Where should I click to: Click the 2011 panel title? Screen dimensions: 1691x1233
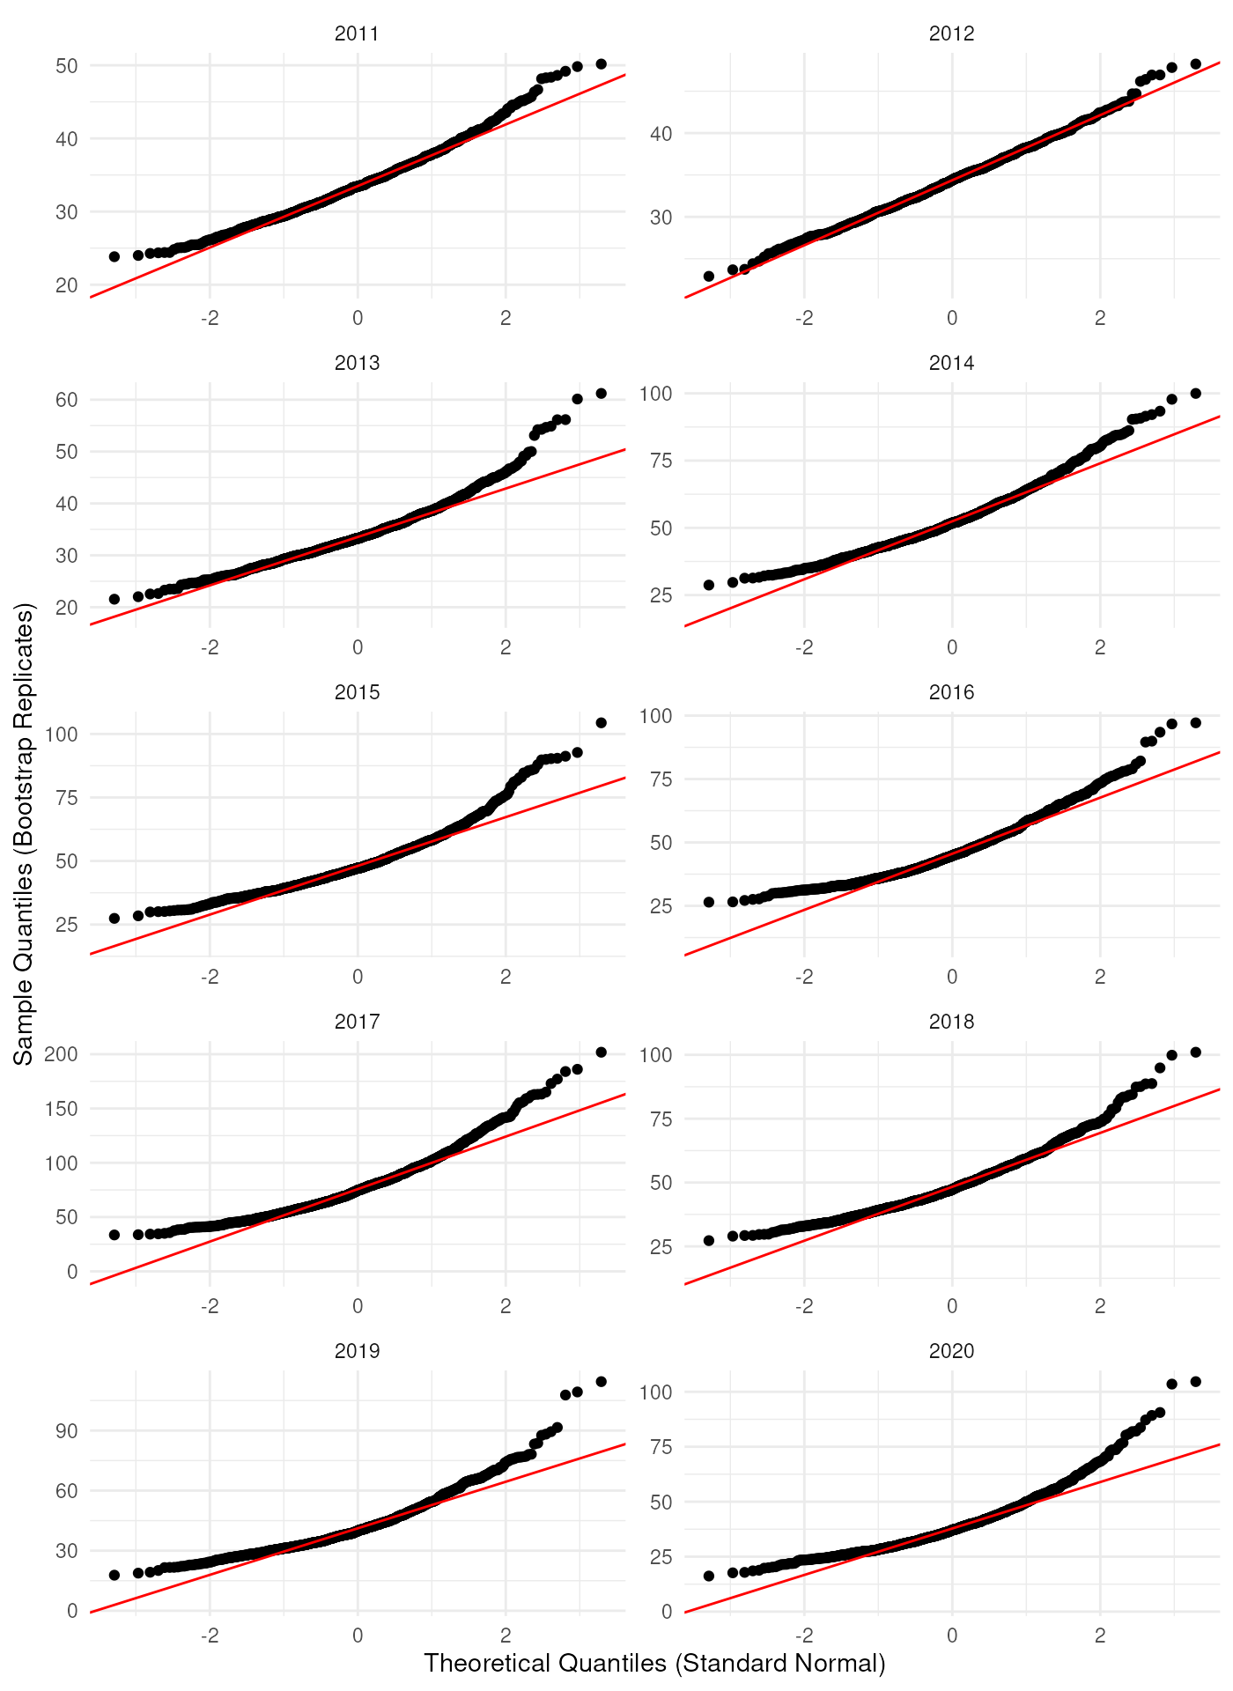tap(357, 33)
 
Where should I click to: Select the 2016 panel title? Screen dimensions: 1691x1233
tap(951, 692)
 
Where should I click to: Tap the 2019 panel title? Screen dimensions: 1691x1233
tap(357, 1351)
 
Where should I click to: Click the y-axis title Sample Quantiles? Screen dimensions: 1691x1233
tap(24, 833)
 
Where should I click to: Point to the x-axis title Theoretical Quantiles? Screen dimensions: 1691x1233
tap(654, 1663)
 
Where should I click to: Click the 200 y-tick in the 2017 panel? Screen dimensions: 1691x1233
tap(61, 1054)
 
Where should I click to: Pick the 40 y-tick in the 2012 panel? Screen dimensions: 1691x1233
tap(661, 134)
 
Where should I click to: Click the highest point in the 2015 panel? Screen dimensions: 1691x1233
tap(601, 723)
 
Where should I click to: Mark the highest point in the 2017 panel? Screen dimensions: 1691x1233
tap(601, 1052)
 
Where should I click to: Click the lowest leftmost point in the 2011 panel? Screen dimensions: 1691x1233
tap(114, 256)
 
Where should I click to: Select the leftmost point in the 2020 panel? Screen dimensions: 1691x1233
tap(709, 1576)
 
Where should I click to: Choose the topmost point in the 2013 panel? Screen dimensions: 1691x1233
tap(601, 394)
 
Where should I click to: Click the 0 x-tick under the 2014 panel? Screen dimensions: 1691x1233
tap(951, 647)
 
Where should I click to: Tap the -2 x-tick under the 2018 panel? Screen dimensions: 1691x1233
tap(803, 1306)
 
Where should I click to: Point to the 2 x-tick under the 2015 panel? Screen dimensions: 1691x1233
tap(506, 977)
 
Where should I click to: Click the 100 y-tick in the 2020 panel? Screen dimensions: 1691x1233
tap(655, 1392)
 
